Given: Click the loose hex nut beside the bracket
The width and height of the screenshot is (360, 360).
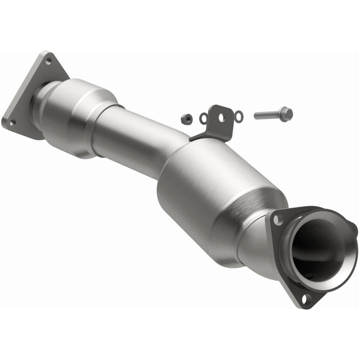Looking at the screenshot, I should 186,118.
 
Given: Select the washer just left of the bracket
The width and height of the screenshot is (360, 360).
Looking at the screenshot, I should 203,118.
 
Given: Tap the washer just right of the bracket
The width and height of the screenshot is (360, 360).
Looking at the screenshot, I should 239,116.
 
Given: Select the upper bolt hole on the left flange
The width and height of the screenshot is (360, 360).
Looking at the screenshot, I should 48,61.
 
